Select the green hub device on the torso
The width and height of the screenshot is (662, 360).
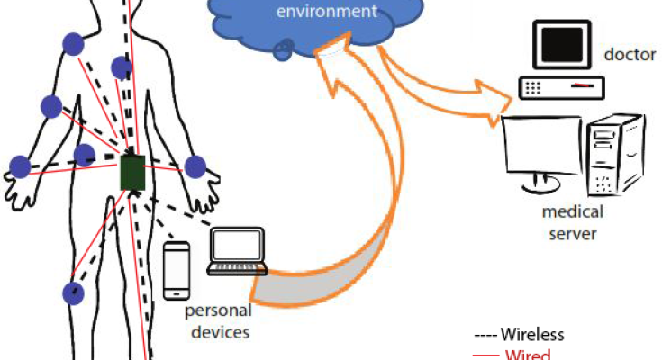coord(133,172)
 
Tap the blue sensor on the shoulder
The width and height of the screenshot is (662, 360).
coord(72,43)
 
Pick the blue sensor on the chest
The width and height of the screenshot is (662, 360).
coord(122,67)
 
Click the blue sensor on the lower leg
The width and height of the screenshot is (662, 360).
coord(73,292)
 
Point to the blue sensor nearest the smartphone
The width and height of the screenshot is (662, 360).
coord(195,166)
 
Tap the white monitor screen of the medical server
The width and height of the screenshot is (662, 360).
coord(539,151)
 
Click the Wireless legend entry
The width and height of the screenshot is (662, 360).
coord(520,334)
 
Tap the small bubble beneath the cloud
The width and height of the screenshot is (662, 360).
coord(283,52)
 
